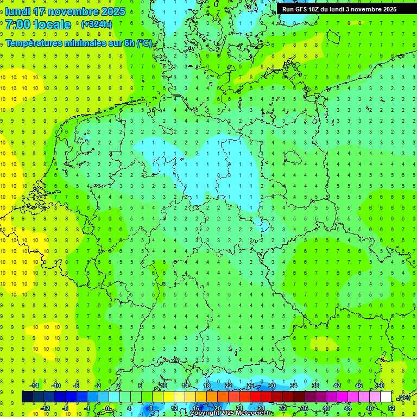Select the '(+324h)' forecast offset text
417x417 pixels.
(96, 24)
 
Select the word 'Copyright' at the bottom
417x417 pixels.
(206, 413)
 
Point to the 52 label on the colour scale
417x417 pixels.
(391, 408)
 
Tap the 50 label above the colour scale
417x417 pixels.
(381, 386)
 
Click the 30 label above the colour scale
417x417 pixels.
(272, 386)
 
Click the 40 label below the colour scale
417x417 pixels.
(326, 408)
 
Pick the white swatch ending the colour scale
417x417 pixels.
(386, 397)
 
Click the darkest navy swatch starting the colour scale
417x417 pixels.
(27, 397)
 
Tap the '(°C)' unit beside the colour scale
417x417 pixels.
(404, 397)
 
